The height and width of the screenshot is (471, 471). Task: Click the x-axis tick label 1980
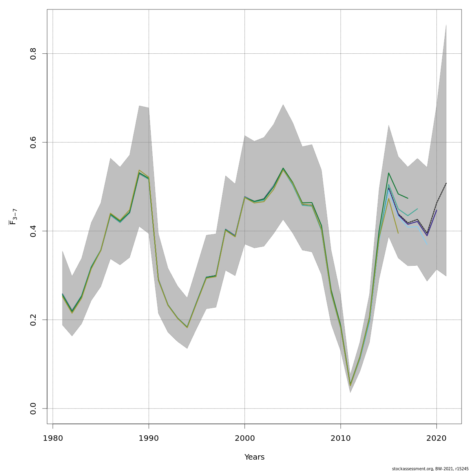click(x=53, y=438)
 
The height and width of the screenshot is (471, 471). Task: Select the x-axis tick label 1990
click(x=149, y=438)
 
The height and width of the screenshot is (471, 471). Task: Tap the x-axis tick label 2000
click(x=245, y=438)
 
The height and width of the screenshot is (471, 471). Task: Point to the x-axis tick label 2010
click(x=341, y=438)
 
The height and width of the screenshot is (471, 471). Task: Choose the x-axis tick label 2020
click(x=436, y=438)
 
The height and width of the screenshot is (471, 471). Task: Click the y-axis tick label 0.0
click(x=33, y=408)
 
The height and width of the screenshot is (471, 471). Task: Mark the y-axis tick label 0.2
click(x=33, y=319)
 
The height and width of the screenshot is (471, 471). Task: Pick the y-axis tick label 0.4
click(x=33, y=231)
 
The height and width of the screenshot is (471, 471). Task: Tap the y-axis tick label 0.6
click(x=33, y=142)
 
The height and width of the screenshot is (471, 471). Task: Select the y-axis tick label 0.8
click(x=33, y=53)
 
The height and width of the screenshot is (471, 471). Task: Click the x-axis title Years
click(x=254, y=457)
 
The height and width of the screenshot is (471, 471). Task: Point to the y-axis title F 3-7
click(x=13, y=217)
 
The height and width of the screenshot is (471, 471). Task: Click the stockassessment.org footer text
click(x=430, y=469)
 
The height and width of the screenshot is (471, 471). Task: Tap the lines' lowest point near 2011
click(x=350, y=385)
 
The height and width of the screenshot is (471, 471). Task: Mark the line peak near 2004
click(x=283, y=168)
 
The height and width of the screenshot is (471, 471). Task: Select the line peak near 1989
click(x=139, y=172)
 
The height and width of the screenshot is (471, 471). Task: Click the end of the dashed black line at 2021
click(x=446, y=183)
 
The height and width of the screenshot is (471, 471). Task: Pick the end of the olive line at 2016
click(x=398, y=234)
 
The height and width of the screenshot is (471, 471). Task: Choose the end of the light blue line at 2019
click(x=427, y=245)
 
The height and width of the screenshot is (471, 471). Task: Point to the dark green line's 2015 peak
click(x=389, y=173)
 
